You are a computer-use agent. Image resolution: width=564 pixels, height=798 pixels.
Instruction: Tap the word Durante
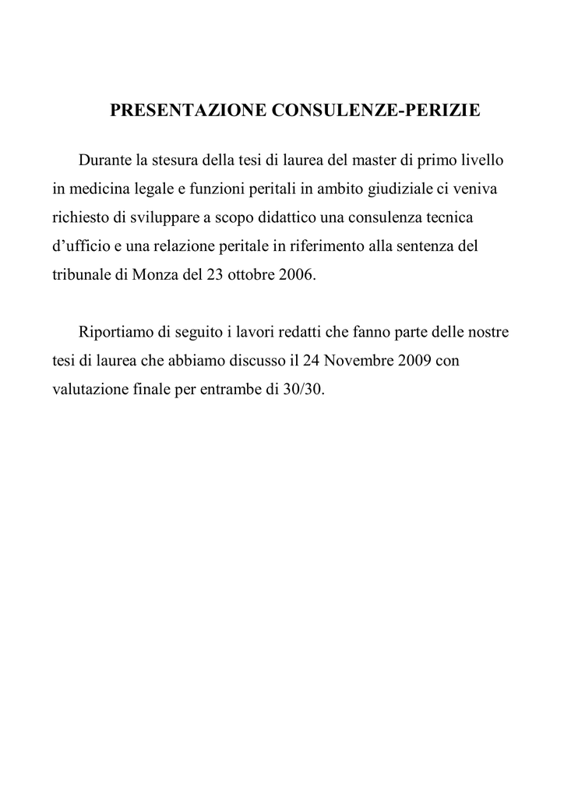coord(105,161)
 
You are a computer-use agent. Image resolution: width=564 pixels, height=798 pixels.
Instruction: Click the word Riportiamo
coord(116,332)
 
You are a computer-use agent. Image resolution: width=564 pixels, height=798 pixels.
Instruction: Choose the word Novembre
coord(359,361)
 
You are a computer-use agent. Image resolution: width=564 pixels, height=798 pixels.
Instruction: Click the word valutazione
coord(87,389)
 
